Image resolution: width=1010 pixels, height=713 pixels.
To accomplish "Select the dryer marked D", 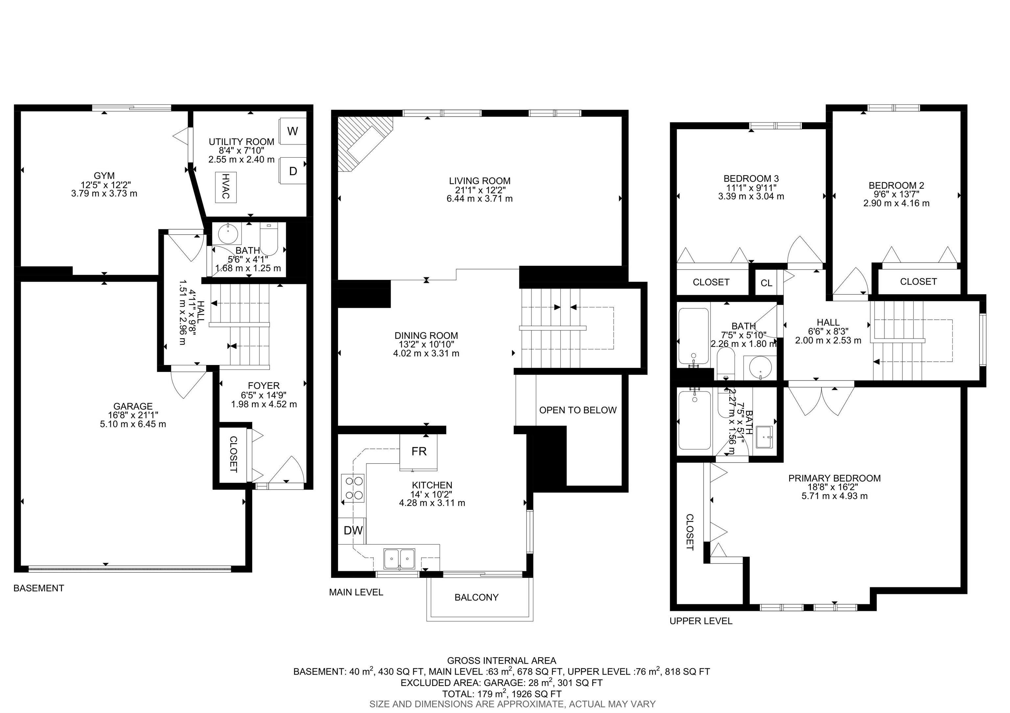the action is [x=293, y=171].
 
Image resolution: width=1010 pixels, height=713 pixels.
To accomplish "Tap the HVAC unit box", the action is [x=226, y=187].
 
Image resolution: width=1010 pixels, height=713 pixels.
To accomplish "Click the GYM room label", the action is [x=104, y=176].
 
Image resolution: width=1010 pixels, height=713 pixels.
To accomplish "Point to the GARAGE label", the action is [x=133, y=406].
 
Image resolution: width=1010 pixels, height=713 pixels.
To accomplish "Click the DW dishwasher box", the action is [x=352, y=531].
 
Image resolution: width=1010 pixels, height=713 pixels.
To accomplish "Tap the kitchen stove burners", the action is [x=353, y=488].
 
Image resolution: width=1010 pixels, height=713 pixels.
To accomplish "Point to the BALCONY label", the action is [x=476, y=597].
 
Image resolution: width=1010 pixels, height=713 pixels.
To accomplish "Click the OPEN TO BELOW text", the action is [x=578, y=410].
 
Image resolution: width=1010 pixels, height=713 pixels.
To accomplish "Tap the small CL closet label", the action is [x=766, y=283].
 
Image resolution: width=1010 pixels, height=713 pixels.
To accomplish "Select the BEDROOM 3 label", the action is [x=751, y=178].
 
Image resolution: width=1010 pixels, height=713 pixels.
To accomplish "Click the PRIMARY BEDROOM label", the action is [x=834, y=478].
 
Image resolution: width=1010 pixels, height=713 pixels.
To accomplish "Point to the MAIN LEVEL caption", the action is [x=356, y=592].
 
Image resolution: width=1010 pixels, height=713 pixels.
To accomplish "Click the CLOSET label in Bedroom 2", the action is [x=919, y=281].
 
